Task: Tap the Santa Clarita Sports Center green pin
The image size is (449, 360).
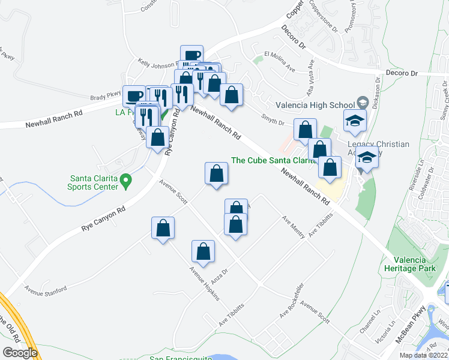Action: tap(125, 179)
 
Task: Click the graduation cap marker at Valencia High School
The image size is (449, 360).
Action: tap(355, 121)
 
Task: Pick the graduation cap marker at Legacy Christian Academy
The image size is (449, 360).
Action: tap(367, 158)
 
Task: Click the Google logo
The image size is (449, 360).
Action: tap(20, 352)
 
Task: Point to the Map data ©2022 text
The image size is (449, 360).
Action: tap(424, 355)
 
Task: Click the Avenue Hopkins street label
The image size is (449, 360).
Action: tap(204, 283)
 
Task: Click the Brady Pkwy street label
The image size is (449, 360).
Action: tap(106, 95)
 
